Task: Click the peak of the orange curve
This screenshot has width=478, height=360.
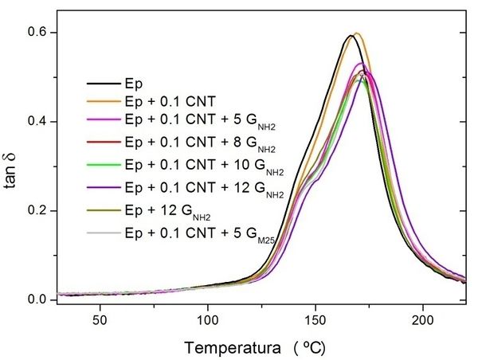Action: coord(356,33)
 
